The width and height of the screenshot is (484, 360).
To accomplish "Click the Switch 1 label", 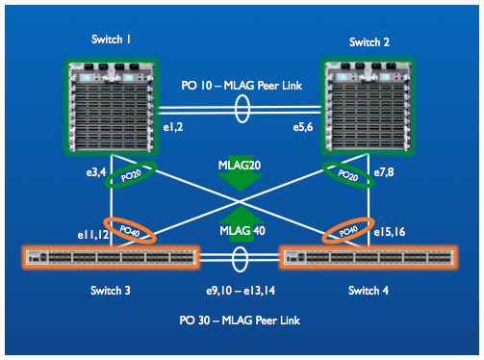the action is (111, 39).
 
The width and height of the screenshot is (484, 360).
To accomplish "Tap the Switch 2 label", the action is (369, 42).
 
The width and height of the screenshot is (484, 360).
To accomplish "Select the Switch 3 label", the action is (111, 291).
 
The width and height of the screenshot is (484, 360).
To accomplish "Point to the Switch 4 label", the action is (369, 291).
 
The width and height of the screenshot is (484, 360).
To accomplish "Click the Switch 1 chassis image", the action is (112, 107).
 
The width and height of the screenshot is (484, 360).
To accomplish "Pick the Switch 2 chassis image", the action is (368, 106).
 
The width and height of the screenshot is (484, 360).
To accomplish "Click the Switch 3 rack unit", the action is (111, 257).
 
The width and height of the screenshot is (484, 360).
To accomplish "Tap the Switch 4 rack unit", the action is (369, 257).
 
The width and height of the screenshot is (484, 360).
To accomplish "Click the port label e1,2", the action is (173, 127).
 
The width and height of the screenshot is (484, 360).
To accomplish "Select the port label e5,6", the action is (303, 127).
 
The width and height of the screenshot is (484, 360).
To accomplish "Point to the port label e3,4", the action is (96, 172).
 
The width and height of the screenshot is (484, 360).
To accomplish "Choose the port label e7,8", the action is (384, 172).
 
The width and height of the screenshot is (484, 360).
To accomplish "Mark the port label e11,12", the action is (93, 235).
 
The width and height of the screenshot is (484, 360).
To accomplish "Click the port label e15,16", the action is (390, 232).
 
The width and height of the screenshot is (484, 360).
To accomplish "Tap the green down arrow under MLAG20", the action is (241, 179).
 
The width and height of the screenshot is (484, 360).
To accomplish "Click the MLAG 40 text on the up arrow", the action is (242, 230).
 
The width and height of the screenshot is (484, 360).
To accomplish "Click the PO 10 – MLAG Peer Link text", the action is (242, 86).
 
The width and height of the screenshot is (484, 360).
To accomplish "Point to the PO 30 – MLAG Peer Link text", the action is (240, 321).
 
